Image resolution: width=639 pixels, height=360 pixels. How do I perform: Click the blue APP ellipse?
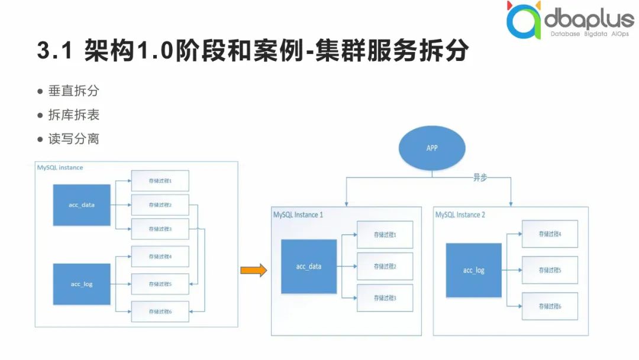click(x=432, y=147)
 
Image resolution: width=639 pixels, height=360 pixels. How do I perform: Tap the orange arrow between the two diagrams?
click(x=253, y=271)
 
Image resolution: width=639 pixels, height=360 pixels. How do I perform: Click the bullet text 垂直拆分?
click(x=73, y=92)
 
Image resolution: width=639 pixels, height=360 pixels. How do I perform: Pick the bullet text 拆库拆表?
click(x=73, y=115)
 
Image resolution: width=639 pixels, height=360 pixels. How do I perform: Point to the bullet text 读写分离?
click(x=73, y=139)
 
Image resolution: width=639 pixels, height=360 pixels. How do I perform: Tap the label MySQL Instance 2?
click(x=460, y=214)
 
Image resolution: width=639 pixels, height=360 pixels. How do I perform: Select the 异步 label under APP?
click(x=479, y=178)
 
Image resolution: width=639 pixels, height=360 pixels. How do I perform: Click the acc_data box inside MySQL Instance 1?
click(x=309, y=266)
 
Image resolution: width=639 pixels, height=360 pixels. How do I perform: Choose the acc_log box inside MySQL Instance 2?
click(x=473, y=270)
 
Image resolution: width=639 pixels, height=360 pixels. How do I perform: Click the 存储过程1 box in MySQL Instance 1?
click(x=385, y=235)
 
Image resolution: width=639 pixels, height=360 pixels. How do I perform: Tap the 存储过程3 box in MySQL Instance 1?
click(x=385, y=298)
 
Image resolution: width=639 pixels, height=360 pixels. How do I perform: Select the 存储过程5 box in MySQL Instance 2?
click(x=550, y=270)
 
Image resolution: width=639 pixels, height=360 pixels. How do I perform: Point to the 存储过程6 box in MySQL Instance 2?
click(x=550, y=306)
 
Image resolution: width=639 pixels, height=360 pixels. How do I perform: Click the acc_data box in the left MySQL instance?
click(x=82, y=205)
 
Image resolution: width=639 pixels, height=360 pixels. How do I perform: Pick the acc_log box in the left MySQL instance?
click(x=82, y=284)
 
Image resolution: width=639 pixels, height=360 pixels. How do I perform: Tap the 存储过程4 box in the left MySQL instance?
click(x=160, y=256)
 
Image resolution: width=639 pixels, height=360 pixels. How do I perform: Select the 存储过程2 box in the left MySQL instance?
click(x=160, y=205)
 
